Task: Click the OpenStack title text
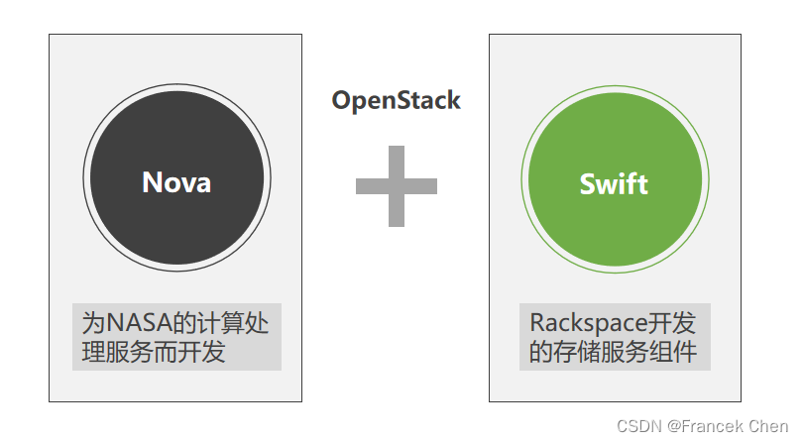tap(396, 100)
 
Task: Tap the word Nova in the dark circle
tap(176, 182)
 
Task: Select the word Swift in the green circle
tap(614, 183)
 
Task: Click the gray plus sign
tap(397, 185)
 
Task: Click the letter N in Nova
tap(154, 182)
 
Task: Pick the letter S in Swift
tap(588, 183)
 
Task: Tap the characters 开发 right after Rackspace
tap(673, 323)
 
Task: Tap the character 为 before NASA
tap(93, 323)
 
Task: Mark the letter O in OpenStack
tap(341, 100)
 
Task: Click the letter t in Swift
tap(641, 183)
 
